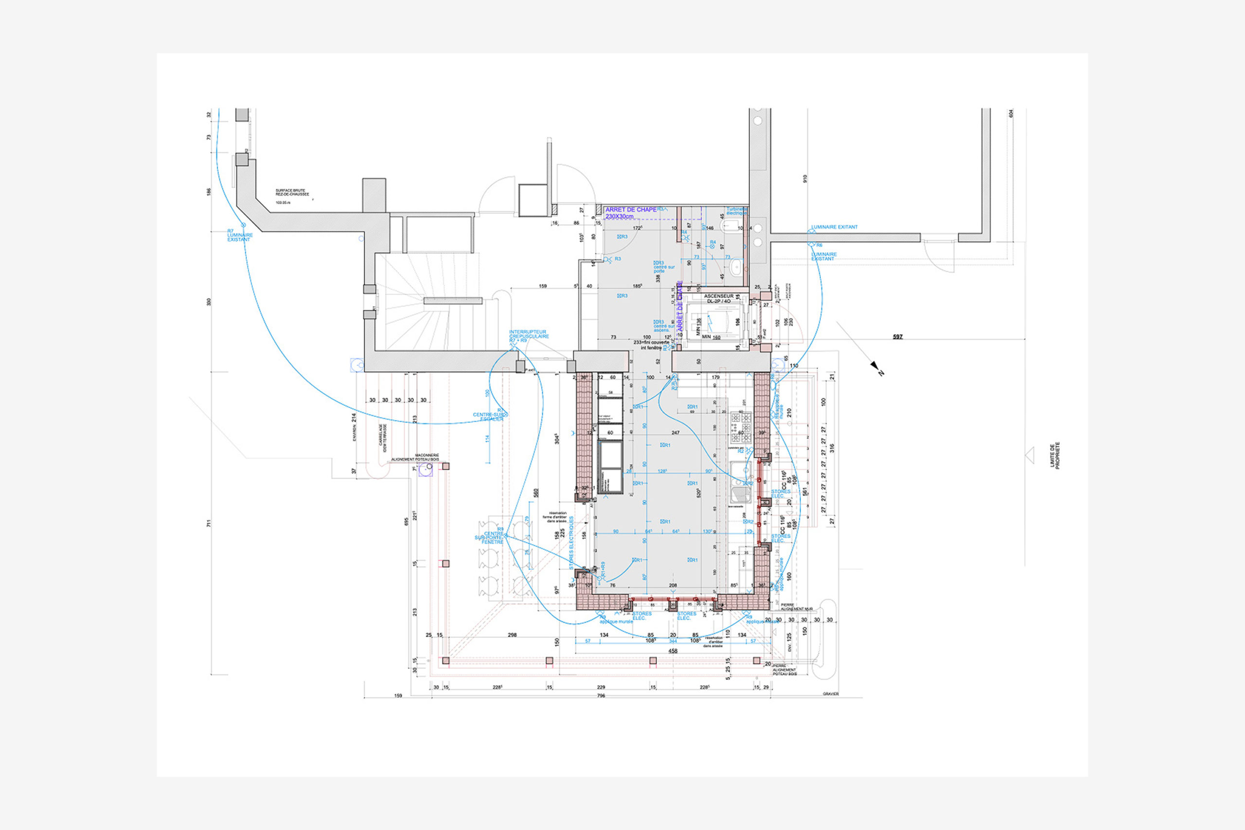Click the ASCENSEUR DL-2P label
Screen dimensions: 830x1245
pyautogui.click(x=719, y=299)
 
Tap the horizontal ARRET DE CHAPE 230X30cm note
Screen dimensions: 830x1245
pyautogui.click(x=630, y=213)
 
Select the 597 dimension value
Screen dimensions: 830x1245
pyautogui.click(x=898, y=336)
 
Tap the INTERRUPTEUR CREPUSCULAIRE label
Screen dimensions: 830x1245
pyautogui.click(x=529, y=335)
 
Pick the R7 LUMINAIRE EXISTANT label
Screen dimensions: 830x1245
pyautogui.click(x=240, y=235)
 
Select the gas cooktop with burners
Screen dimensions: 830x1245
pyautogui.click(x=741, y=426)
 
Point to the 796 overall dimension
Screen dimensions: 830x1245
pyautogui.click(x=601, y=695)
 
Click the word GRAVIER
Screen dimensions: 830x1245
pyautogui.click(x=831, y=694)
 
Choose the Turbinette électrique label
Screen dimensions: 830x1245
pyautogui.click(x=736, y=211)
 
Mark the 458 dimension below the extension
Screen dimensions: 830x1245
pyautogui.click(x=673, y=651)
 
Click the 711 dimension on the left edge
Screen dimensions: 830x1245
pyautogui.click(x=209, y=524)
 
